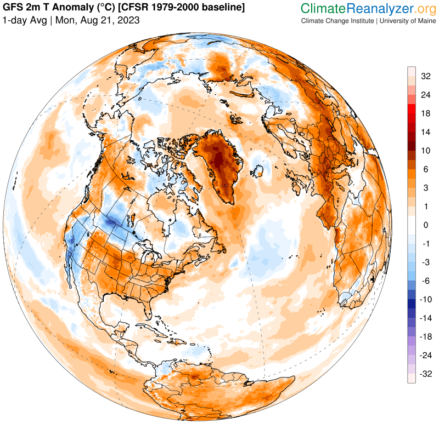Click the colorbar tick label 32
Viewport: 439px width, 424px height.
[x=425, y=77]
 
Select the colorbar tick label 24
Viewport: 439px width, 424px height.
[x=425, y=94]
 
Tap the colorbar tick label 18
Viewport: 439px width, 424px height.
[x=425, y=113]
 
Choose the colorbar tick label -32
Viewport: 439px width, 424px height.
[x=426, y=374]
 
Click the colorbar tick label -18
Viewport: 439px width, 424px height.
[x=426, y=336]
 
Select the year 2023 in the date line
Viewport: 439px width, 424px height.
[x=128, y=20]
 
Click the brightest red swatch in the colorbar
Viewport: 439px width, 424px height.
[x=411, y=113]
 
